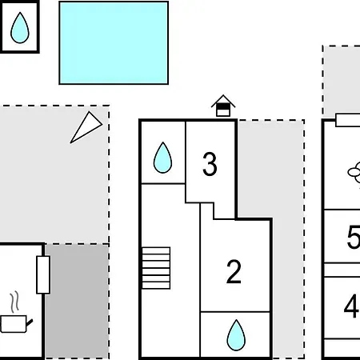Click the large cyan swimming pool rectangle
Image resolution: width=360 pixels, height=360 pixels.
point(114,43)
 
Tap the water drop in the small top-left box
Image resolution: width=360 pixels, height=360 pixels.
point(20,28)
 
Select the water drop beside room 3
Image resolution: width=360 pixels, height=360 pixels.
point(162,158)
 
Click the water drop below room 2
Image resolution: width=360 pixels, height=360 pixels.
point(236,335)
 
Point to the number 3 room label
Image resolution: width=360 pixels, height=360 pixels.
point(210,164)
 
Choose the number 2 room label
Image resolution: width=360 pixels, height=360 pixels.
point(234,272)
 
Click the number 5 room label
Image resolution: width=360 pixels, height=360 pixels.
point(354,237)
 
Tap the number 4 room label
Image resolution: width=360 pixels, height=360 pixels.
point(351,306)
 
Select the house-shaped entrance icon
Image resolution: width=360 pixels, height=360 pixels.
point(223,106)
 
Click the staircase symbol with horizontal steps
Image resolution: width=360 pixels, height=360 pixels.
point(156,268)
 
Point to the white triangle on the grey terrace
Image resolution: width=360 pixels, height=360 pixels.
point(86,127)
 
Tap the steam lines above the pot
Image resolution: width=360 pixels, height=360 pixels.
point(14,302)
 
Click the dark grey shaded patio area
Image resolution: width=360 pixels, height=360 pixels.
point(77,302)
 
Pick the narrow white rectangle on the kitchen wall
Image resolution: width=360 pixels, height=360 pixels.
point(43,274)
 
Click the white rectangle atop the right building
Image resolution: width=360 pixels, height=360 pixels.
point(348,120)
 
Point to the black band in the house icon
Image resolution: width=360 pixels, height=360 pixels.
point(223,106)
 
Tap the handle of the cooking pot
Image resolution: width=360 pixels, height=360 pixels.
point(30,323)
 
